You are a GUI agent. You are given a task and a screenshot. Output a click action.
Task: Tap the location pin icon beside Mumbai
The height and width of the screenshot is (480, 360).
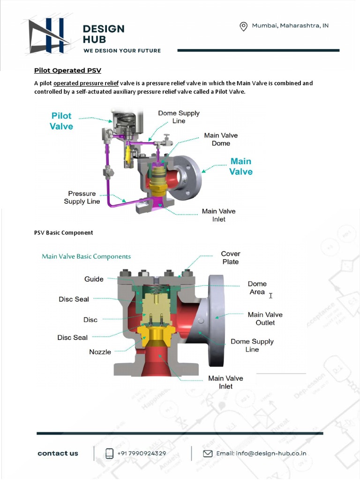tap(243, 26)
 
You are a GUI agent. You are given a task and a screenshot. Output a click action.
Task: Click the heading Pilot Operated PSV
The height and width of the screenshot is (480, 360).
tap(67, 70)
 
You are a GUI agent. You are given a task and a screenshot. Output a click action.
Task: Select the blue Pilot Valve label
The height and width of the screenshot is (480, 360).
tap(61, 121)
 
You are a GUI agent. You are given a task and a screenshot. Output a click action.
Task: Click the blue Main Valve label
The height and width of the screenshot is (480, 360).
tap(241, 166)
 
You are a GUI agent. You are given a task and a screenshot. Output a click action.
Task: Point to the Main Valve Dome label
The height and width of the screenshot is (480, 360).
tap(221, 139)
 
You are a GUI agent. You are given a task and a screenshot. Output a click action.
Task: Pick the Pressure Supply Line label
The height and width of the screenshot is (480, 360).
tap(82, 197)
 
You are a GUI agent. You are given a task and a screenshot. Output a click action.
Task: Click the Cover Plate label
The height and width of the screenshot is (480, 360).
tap(230, 258)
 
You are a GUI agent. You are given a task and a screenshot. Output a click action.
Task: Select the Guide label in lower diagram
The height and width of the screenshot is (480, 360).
tap(94, 279)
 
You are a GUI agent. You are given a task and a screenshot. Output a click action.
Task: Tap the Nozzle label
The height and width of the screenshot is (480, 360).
tap(100, 352)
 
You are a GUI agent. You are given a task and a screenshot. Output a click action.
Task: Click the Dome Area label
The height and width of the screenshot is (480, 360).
tap(257, 288)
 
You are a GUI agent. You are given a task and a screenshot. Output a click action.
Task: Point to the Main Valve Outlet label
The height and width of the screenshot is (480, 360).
tap(265, 319)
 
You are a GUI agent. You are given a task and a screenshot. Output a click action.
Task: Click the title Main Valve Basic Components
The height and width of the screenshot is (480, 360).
tap(86, 256)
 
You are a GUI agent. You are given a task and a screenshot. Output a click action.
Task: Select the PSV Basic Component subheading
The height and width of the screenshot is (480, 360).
tap(64, 232)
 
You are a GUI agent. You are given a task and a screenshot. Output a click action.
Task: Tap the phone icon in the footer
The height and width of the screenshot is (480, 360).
tap(109, 453)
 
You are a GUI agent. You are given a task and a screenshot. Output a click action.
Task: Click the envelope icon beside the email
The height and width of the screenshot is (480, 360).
tap(207, 453)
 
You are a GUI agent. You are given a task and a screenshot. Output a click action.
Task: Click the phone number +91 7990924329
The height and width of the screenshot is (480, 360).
tap(142, 453)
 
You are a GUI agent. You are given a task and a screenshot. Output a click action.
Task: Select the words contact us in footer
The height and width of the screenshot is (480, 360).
tap(58, 453)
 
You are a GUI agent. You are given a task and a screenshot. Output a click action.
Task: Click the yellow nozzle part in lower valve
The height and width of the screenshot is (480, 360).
tap(156, 336)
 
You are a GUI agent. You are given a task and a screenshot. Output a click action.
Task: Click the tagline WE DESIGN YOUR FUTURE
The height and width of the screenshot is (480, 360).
tap(122, 51)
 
